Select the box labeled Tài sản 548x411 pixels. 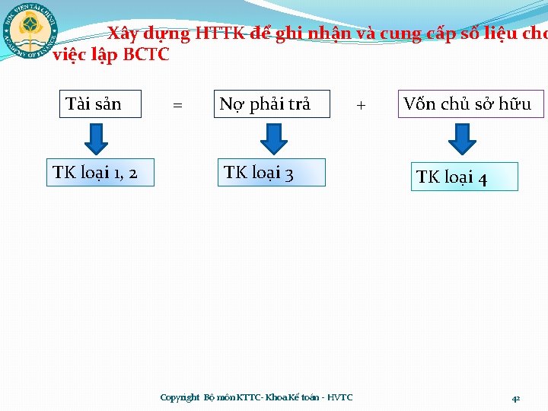click(101, 104)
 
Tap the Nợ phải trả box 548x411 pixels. click(272, 104)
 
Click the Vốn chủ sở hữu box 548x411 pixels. click(470, 104)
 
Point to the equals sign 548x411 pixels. click(177, 105)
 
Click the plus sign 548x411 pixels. click(361, 105)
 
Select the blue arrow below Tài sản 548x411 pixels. click(96, 138)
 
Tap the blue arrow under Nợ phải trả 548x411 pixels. click(274, 138)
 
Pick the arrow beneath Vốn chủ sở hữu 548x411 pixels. click(462, 138)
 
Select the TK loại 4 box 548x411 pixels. click(464, 177)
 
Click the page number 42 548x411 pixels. click(515, 398)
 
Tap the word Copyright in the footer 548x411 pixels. click(180, 397)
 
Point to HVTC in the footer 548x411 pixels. click(339, 397)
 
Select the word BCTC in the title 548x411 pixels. click(146, 55)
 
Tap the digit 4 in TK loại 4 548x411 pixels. click(482, 179)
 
